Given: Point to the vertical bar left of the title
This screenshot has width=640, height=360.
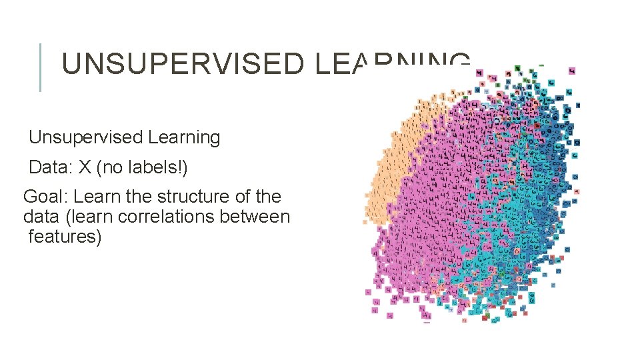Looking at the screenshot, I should (41, 67).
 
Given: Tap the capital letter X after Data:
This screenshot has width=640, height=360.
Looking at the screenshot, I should (84, 167).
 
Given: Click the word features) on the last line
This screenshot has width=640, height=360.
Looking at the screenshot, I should (65, 237).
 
